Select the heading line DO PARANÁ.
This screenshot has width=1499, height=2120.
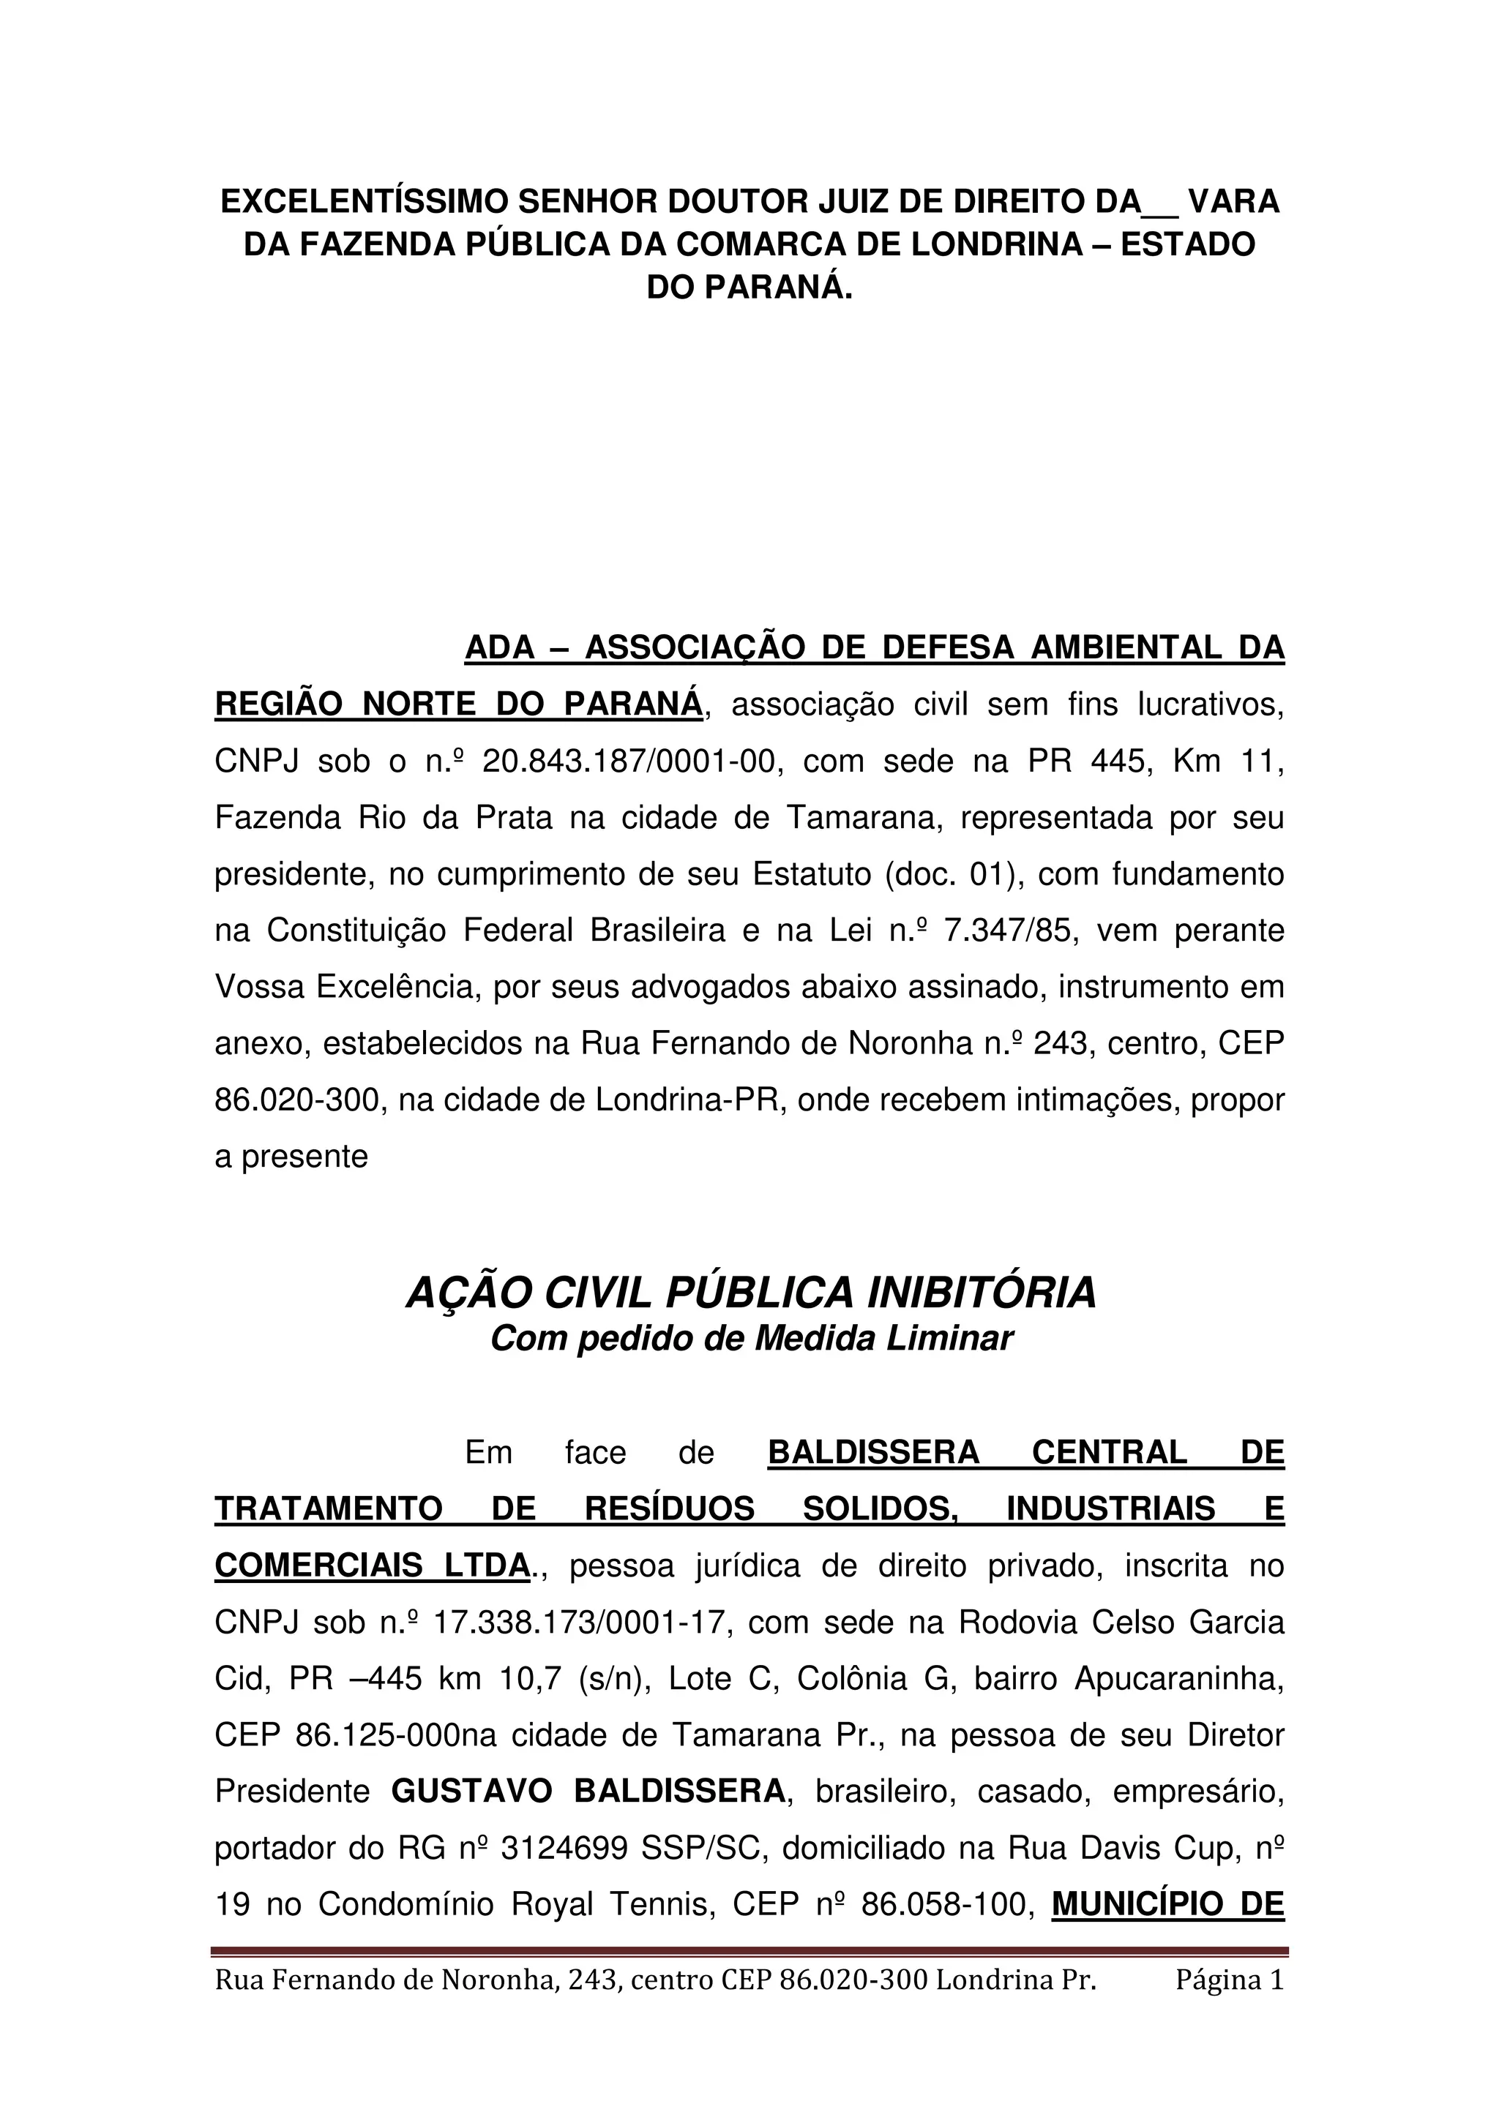(x=749, y=287)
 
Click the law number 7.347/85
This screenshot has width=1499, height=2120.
(x=1009, y=931)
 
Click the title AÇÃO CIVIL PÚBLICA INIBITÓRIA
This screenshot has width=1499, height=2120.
(x=751, y=1293)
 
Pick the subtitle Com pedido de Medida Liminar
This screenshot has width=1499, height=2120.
(x=751, y=1338)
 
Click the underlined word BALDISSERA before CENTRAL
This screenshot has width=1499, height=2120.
(x=872, y=1452)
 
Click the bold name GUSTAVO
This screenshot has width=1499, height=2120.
(x=471, y=1792)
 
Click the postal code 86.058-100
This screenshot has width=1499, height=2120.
(x=946, y=1904)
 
